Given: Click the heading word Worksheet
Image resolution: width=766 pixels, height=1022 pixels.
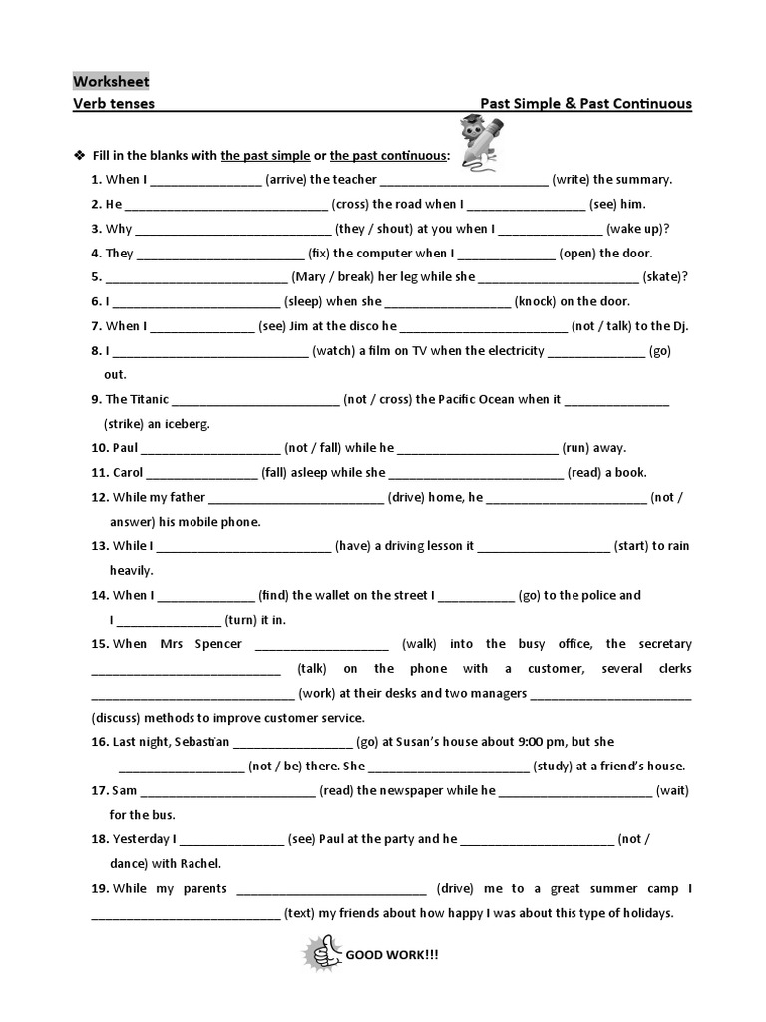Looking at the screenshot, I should (x=111, y=81).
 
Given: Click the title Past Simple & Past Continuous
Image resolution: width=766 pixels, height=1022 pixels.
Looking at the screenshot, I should (x=585, y=104).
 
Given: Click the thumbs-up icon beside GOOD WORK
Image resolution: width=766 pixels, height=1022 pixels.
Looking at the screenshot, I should (x=322, y=954).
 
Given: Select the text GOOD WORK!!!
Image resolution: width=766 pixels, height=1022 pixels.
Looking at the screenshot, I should (x=391, y=955).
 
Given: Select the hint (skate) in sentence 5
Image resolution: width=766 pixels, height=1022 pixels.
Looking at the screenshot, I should (x=664, y=277).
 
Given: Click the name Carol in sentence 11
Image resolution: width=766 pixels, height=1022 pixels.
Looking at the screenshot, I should (x=128, y=473).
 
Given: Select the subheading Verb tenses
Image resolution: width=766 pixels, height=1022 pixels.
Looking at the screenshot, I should (x=113, y=104).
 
